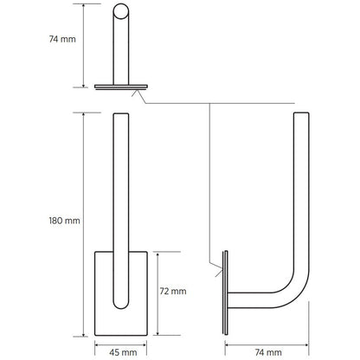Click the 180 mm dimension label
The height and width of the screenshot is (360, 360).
66,221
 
